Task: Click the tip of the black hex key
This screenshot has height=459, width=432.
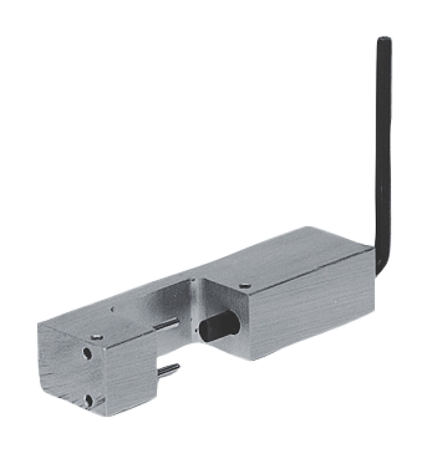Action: point(384,40)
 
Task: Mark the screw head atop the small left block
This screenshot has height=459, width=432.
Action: point(96,337)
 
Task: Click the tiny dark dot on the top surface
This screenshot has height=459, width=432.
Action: point(112,309)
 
